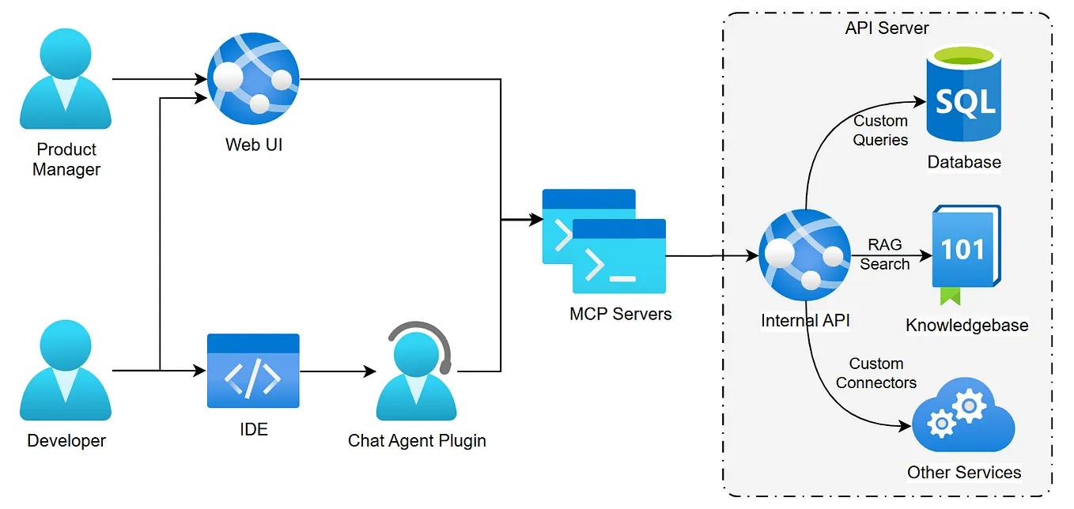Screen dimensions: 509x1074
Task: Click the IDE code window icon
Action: click(x=253, y=371)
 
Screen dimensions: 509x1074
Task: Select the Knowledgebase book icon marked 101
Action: click(x=965, y=248)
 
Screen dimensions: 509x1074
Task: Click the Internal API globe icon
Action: click(x=804, y=255)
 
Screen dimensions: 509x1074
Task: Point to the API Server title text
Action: click(x=887, y=28)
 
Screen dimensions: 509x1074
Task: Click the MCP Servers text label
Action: click(x=620, y=314)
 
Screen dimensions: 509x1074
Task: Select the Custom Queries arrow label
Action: click(x=880, y=130)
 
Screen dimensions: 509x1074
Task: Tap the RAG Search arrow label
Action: click(x=884, y=254)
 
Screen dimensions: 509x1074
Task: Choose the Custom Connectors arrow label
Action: click(x=875, y=373)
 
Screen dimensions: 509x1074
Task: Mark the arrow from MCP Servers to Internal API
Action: click(x=712, y=256)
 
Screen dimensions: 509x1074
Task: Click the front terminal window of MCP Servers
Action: click(x=618, y=257)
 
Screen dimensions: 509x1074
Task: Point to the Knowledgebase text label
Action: click(x=966, y=325)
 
